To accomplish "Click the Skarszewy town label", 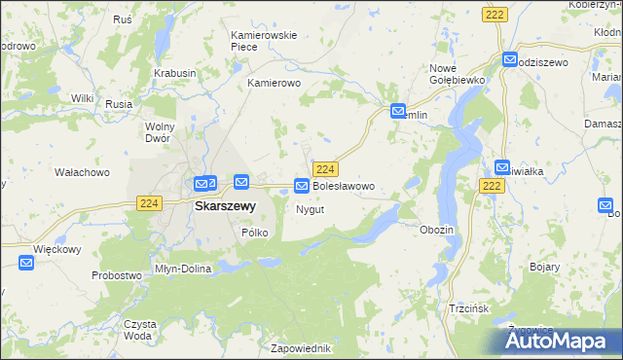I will pos(225,206).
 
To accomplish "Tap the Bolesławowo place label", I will pos(343,185).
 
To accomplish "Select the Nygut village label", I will pos(310,209).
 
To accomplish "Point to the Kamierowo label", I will pos(275,84).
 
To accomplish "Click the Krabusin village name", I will pos(175,73).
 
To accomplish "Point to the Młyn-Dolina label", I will pos(183,269).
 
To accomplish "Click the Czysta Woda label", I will pos(138,329).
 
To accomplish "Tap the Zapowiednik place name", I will pos(302,347).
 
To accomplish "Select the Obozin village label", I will pos(436,229).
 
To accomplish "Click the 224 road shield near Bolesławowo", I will pos(327,168).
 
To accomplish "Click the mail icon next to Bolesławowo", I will pos(302,185).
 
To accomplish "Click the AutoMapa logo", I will pos(561,341).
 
